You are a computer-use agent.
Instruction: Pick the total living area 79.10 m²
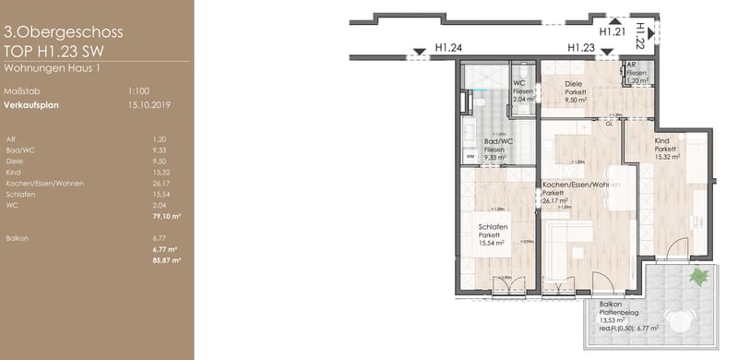pyautogui.click(x=165, y=216)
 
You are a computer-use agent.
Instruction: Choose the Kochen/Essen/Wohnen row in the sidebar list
pyautogui.click(x=43, y=183)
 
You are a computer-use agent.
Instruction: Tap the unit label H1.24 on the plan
pyautogui.click(x=448, y=49)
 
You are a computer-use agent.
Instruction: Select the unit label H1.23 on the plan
pyautogui.click(x=580, y=49)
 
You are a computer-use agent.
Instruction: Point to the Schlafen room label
pyautogui.click(x=493, y=226)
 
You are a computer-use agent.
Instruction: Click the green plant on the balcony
pyautogui.click(x=700, y=275)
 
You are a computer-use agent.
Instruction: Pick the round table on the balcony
pyautogui.click(x=684, y=320)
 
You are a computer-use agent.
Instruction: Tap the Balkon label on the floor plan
pyautogui.click(x=610, y=305)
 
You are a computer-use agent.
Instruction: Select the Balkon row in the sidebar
pyautogui.click(x=16, y=238)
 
